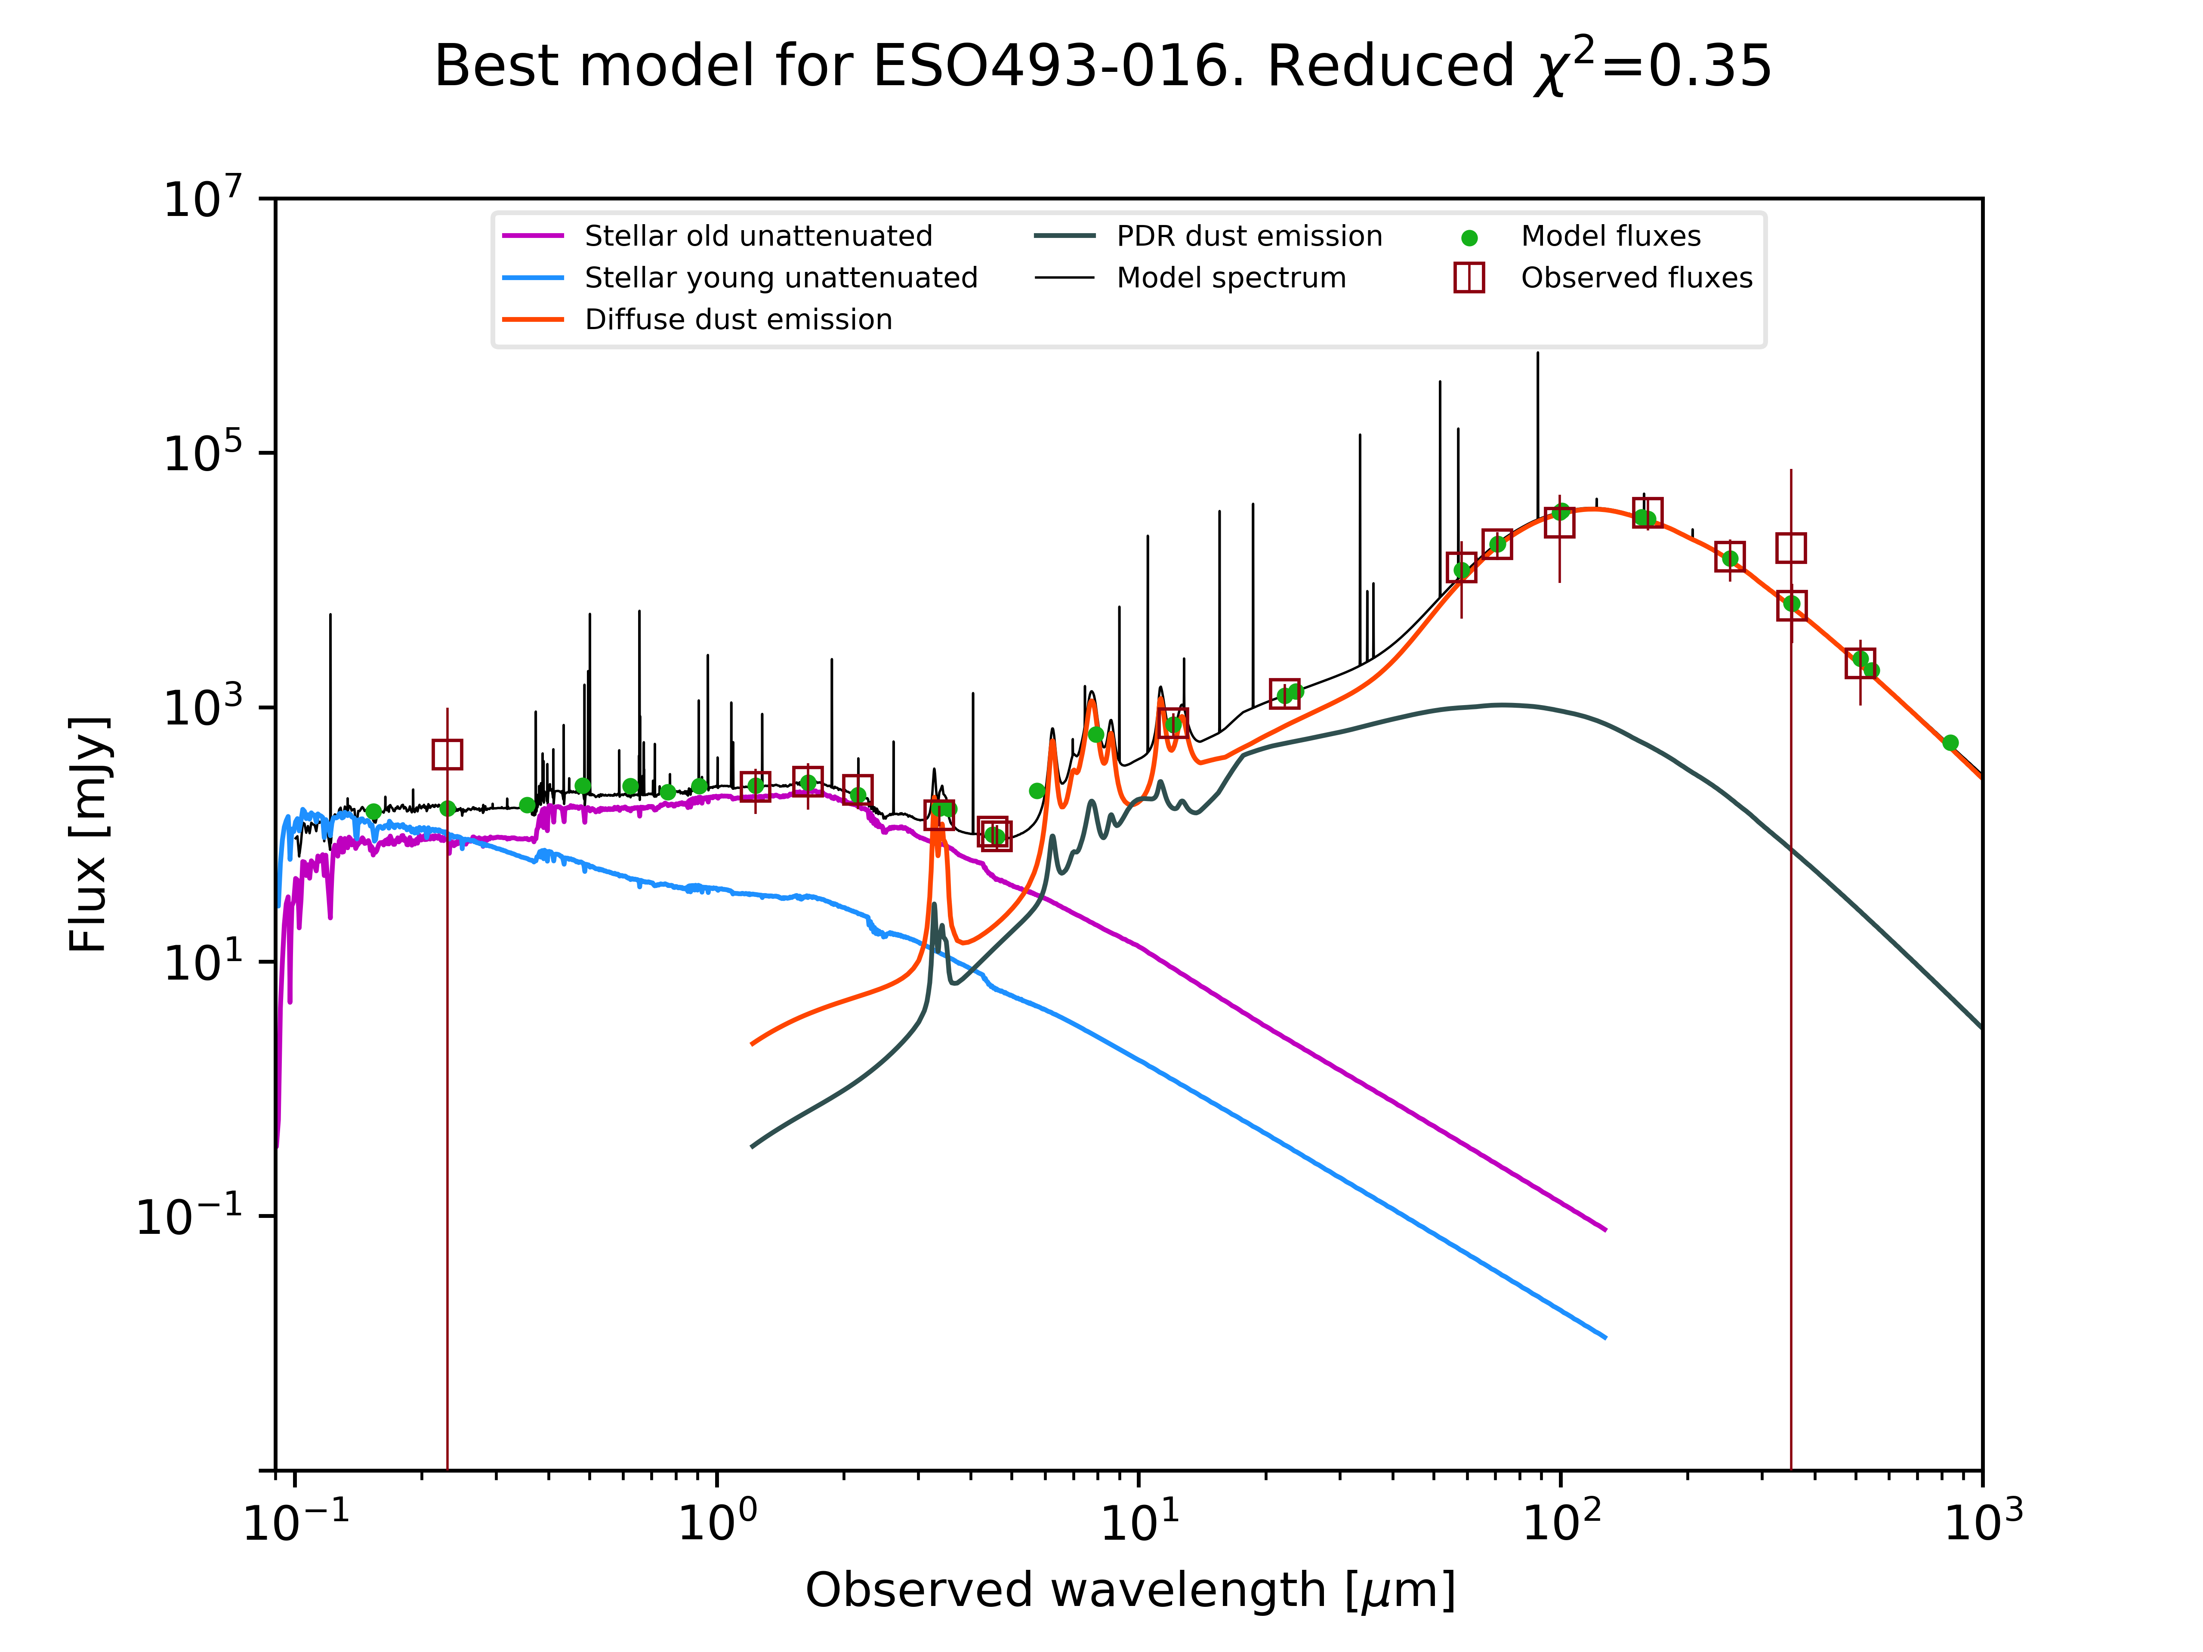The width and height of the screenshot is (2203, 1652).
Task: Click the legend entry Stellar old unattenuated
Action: coord(758,236)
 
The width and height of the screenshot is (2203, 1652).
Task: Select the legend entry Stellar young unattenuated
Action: coord(781,278)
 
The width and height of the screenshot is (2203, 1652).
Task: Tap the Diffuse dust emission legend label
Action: coord(738,320)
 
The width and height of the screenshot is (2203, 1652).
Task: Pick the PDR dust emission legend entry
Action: coord(1249,236)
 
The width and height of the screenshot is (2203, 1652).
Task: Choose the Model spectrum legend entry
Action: coord(1231,278)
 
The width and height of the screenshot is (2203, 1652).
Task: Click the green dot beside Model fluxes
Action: coord(1469,238)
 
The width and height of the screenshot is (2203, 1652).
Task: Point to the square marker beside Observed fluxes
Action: coord(1469,278)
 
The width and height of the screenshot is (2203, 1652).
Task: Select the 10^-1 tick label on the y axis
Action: coord(189,1215)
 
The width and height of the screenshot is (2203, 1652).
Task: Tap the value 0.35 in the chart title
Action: coord(1710,67)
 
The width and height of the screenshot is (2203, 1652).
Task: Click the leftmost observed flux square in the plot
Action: coord(447,755)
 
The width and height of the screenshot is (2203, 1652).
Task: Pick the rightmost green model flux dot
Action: coord(1950,743)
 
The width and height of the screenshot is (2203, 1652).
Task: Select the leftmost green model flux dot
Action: coord(373,811)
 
